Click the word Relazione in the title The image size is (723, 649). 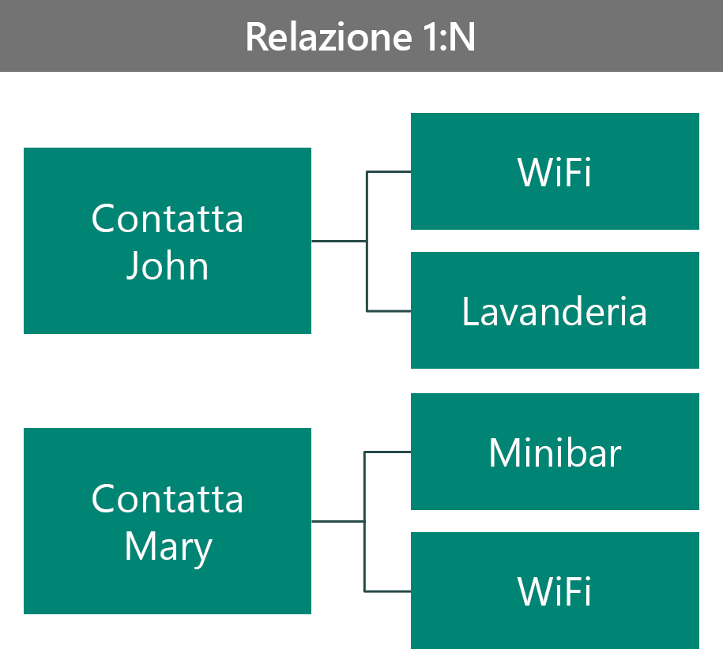328,37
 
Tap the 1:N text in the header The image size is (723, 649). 449,37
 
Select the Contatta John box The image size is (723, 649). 168,241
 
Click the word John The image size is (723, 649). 168,266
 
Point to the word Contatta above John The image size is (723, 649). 168,219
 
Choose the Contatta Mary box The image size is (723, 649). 168,521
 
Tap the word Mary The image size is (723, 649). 168,548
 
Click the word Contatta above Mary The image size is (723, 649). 168,499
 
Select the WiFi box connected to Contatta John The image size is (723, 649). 555,171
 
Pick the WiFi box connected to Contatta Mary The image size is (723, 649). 555,591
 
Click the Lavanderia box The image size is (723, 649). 555,310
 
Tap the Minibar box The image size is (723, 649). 555,452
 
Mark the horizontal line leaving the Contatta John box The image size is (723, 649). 339,241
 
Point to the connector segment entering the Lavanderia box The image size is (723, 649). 389,311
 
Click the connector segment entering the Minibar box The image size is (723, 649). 387,452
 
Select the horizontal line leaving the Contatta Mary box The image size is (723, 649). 338,521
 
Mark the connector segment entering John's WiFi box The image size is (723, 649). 389,172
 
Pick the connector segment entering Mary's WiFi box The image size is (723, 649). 387,591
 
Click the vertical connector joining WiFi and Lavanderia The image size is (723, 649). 367,242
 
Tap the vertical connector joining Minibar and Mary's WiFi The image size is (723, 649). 365,521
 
